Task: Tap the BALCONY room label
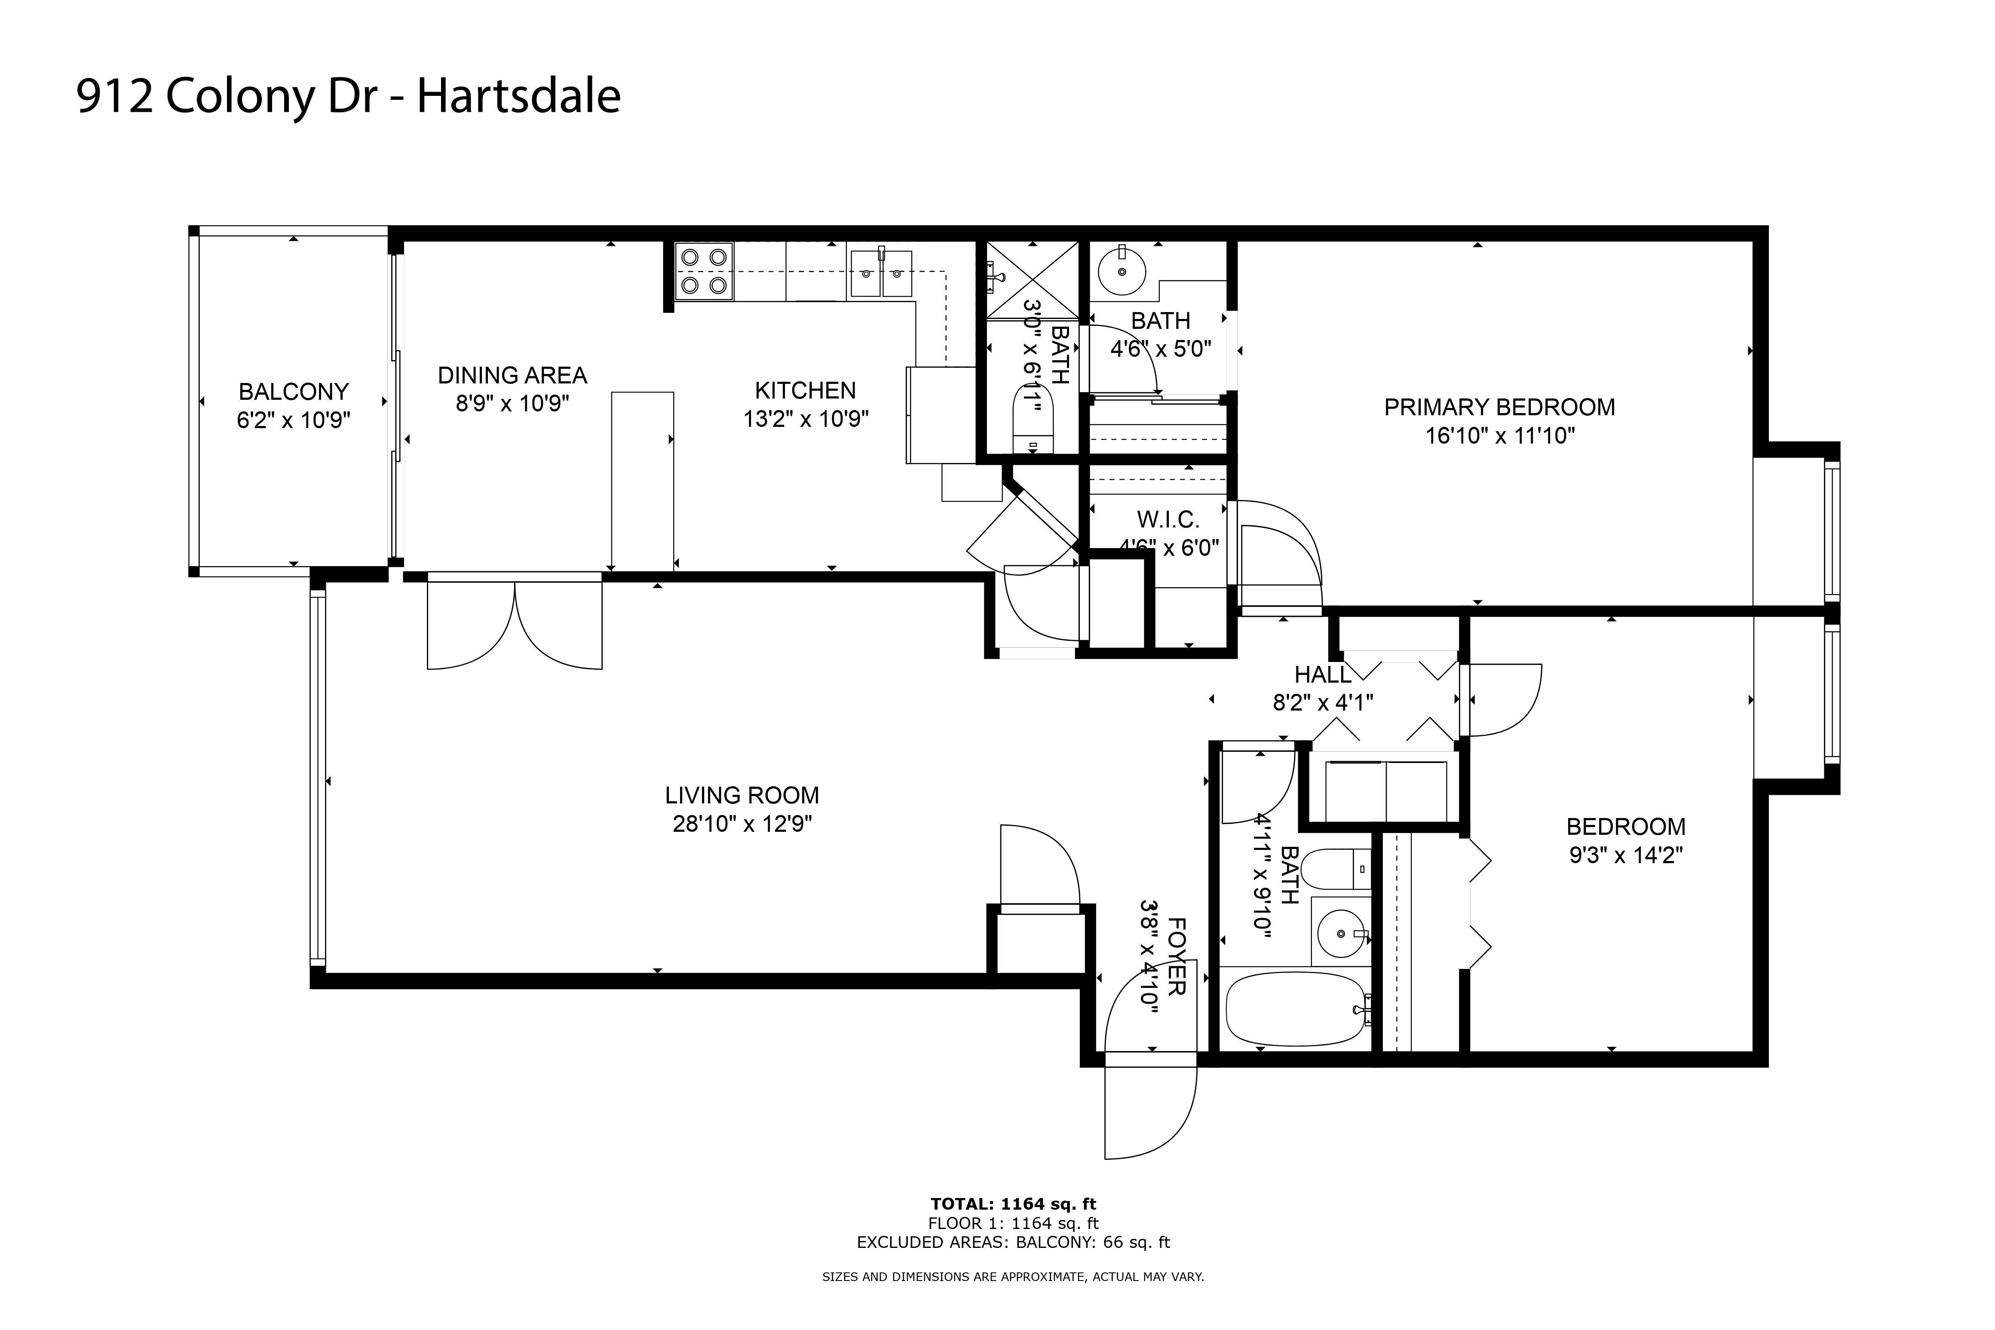coord(294,392)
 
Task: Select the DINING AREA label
coord(512,375)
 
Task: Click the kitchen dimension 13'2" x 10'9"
coord(806,419)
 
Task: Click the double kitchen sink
coord(880,273)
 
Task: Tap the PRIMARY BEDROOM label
coord(1499,407)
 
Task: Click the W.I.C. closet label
coord(1168,520)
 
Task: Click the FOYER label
coord(1177,956)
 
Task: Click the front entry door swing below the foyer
coord(1149,1111)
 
